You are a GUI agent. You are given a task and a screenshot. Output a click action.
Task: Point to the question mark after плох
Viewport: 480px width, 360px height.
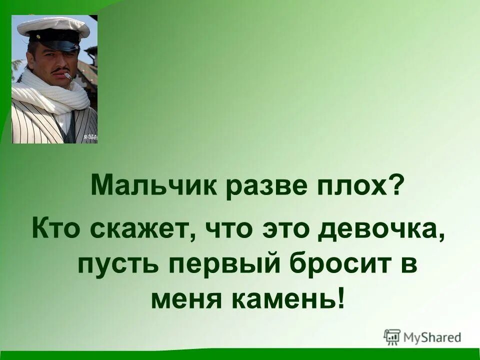[x=395, y=186]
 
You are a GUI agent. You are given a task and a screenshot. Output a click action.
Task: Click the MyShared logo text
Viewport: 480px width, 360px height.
[x=432, y=336]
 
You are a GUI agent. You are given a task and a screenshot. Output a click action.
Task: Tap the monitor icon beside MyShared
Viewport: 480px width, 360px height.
[x=392, y=336]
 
